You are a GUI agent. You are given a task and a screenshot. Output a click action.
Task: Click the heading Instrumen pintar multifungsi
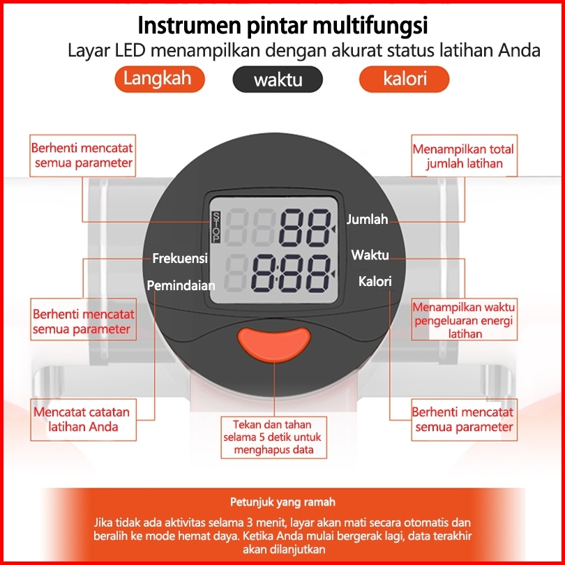[x=282, y=26]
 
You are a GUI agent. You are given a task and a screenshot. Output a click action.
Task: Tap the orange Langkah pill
[x=157, y=79]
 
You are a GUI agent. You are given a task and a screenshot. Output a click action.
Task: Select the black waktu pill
[x=278, y=80]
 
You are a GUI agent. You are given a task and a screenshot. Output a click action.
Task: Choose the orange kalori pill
[x=405, y=79]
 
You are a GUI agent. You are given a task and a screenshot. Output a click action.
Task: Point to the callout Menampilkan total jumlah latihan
[x=463, y=157]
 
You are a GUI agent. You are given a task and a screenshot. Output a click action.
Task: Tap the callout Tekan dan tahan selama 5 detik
[x=272, y=437]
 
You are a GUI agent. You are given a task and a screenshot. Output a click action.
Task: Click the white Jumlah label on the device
[x=368, y=219]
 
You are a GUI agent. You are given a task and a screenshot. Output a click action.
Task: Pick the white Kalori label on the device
[x=375, y=282]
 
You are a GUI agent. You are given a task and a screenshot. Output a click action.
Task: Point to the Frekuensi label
[x=180, y=259]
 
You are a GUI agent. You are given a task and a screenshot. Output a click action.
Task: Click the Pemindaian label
[x=181, y=285]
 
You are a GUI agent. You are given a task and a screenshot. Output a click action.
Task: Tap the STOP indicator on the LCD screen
[x=216, y=227]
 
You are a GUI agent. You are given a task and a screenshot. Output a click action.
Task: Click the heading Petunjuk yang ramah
[x=282, y=502]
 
